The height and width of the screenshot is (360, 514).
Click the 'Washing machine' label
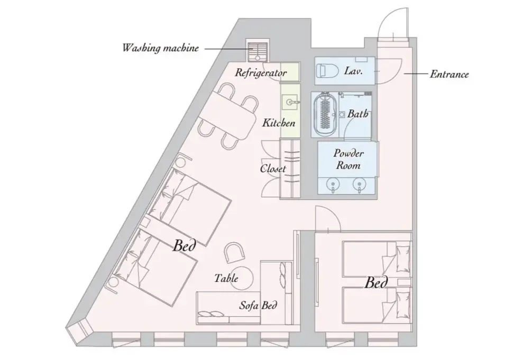point(161,48)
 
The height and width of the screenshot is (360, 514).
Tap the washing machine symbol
point(257,51)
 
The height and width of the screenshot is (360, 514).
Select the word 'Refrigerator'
point(261,72)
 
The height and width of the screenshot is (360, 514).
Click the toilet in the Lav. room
point(328,70)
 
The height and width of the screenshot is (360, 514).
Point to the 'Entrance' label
point(449,74)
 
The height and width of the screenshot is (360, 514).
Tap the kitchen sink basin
point(290,102)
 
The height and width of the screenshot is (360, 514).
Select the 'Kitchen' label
point(279,123)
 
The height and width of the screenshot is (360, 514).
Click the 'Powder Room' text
point(348,159)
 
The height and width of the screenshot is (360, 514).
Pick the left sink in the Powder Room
point(333,184)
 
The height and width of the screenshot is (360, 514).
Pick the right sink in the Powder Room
point(359,184)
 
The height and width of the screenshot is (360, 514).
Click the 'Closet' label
point(273,169)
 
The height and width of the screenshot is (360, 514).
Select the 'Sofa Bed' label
point(258,306)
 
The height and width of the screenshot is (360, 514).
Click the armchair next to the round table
point(234,252)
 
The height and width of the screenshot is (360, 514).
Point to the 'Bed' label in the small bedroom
point(377,282)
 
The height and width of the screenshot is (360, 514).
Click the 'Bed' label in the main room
point(185,245)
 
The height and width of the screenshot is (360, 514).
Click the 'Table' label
point(226,278)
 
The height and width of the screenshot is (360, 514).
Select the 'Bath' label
point(357,114)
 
